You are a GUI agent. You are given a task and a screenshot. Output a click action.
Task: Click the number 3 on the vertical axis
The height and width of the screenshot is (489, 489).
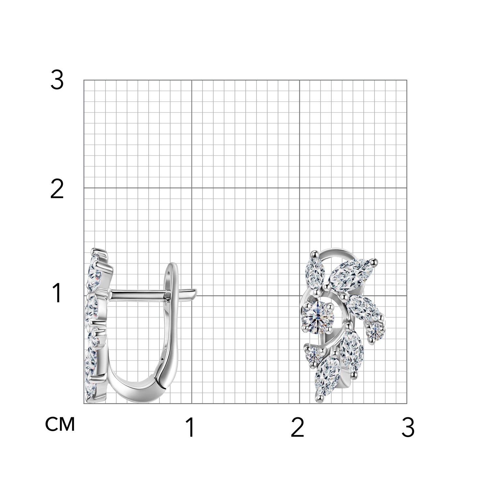tap(57, 81)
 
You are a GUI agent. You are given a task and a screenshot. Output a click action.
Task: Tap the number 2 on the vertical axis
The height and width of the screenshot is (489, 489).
tap(57, 190)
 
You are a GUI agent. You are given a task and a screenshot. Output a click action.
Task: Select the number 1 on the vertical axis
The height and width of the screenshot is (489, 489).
tap(57, 293)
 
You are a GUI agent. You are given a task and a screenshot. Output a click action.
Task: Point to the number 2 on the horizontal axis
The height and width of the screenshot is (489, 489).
tap(297, 427)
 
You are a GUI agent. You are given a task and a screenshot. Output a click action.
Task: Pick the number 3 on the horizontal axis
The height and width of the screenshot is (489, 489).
tap(408, 427)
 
